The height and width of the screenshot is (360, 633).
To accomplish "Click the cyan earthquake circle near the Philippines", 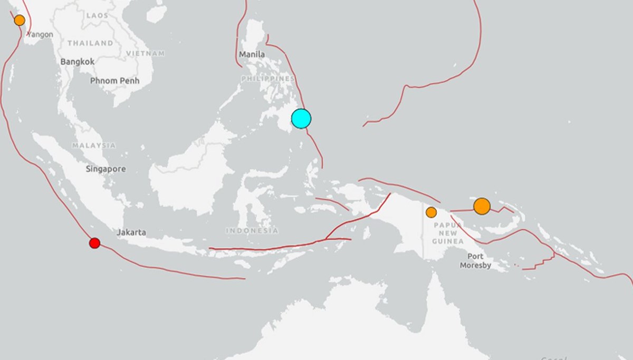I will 301,119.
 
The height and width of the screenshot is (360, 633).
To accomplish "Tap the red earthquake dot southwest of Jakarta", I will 94,243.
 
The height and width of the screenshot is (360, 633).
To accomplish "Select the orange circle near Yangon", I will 20,21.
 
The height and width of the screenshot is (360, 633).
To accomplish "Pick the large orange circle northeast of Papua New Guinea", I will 482,206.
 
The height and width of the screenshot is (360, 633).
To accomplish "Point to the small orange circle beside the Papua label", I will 431,212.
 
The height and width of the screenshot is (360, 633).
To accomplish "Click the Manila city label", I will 252,54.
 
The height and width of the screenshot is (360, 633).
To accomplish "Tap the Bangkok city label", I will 78,62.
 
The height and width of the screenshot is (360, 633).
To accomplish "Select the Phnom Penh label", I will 114,81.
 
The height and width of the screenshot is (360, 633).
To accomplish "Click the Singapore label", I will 106,169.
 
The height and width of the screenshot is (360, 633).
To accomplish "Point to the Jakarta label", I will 131,232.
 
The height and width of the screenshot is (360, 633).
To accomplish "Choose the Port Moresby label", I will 475,261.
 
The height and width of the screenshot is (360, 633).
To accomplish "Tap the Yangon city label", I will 41,35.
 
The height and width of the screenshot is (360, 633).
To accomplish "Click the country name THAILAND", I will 90,43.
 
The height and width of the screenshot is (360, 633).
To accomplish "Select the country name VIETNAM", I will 145,53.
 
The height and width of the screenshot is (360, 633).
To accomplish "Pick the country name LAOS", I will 97,16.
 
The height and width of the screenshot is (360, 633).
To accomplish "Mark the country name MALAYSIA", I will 94,145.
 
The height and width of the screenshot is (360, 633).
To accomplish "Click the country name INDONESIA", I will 252,231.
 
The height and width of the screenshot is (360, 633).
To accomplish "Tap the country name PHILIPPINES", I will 268,79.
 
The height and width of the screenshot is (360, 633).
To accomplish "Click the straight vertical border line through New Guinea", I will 424,242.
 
